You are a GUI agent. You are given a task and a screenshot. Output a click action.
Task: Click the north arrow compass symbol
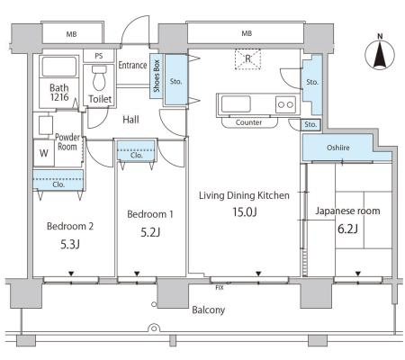click(380, 52)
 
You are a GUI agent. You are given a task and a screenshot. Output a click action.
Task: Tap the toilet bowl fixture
click(99, 78)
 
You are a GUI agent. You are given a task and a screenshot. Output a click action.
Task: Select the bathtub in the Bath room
click(59, 66)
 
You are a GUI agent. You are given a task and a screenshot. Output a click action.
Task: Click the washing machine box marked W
click(44, 153)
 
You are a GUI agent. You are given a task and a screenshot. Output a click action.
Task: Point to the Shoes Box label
click(157, 76)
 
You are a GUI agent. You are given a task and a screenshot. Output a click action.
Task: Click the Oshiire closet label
click(338, 148)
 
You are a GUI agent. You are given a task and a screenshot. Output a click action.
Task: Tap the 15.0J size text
click(245, 212)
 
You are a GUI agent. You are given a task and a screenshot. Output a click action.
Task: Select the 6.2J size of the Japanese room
click(347, 229)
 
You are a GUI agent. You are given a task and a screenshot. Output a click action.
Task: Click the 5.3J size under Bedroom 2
click(70, 245)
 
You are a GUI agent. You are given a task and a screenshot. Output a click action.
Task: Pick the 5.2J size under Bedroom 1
click(150, 232)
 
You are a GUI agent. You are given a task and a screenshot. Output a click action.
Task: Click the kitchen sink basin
click(236, 103)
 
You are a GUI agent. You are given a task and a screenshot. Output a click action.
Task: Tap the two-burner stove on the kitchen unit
click(285, 104)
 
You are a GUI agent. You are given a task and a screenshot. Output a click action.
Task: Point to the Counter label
click(248, 122)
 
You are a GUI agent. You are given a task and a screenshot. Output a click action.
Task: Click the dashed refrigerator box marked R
click(247, 59)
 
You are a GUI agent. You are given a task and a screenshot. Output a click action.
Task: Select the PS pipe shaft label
click(99, 56)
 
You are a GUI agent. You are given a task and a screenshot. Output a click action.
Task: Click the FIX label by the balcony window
click(220, 288)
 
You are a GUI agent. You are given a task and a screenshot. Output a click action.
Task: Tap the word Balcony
click(209, 310)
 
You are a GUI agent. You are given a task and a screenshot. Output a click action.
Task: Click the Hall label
click(130, 120)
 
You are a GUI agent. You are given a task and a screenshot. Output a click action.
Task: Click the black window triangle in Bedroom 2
click(71, 274)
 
